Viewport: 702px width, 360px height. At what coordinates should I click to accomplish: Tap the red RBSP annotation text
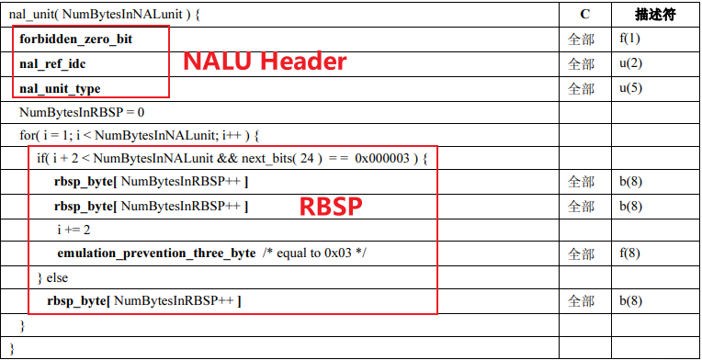click(x=332, y=206)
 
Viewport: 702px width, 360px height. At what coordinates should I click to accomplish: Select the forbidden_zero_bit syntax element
click(x=76, y=40)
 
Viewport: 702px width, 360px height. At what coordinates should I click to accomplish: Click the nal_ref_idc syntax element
click(x=53, y=64)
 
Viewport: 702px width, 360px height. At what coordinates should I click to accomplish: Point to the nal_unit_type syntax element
click(x=60, y=88)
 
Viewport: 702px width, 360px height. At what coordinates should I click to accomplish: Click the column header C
click(x=585, y=15)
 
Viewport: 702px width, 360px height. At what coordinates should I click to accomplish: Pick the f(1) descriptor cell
click(x=629, y=40)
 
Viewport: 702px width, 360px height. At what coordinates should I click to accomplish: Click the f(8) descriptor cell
click(x=629, y=253)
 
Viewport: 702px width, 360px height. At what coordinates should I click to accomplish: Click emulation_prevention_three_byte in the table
click(x=156, y=253)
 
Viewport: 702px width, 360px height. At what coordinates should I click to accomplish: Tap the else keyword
click(x=57, y=277)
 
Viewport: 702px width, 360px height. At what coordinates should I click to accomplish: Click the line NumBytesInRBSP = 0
click(x=82, y=112)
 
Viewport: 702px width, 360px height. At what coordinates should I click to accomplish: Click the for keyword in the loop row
click(x=27, y=136)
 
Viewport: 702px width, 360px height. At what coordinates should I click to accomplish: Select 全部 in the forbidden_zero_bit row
click(x=581, y=40)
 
